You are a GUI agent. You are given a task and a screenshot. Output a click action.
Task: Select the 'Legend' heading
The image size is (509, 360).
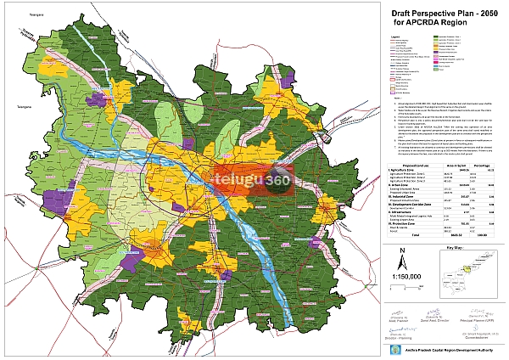[394, 36]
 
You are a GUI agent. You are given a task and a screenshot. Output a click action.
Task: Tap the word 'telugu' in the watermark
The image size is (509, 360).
[196, 160]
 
